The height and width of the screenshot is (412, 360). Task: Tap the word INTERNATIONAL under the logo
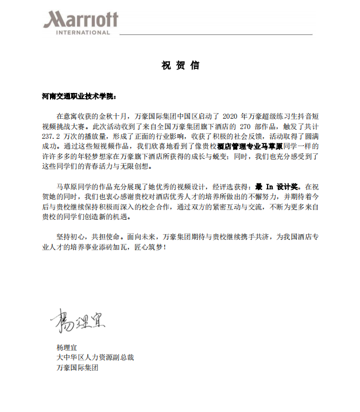(81, 33)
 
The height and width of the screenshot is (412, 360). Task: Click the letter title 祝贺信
(180, 65)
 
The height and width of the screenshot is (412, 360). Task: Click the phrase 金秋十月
(113, 115)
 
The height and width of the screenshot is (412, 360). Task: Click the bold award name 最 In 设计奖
(278, 186)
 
